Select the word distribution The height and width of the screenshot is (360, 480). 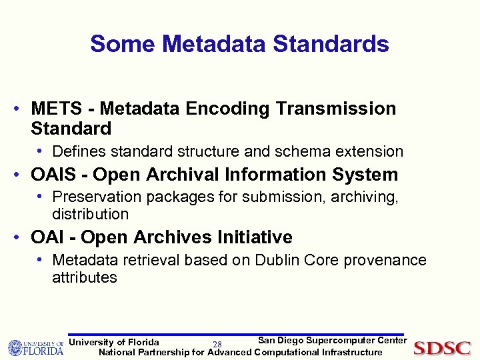click(x=90, y=214)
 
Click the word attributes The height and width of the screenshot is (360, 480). click(x=85, y=277)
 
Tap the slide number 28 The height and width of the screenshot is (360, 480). click(x=217, y=344)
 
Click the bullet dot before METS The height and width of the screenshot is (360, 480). click(x=22, y=108)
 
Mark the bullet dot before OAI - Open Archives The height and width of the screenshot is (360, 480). click(x=22, y=237)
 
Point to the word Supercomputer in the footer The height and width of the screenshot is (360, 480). click(x=340, y=341)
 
